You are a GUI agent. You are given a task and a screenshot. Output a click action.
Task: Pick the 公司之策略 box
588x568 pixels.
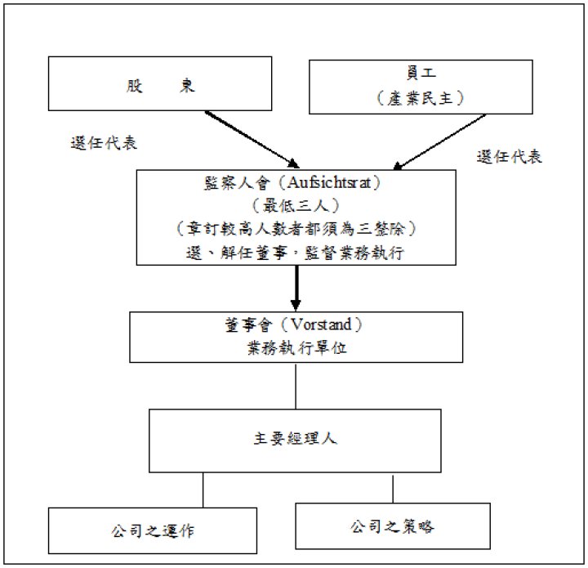[392, 526]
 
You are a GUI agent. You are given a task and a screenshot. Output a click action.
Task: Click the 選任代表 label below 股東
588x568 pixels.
[104, 141]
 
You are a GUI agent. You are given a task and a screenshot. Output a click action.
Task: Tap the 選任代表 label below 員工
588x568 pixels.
[509, 156]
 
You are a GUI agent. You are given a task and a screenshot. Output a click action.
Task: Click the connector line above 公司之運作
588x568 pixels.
[203, 490]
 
